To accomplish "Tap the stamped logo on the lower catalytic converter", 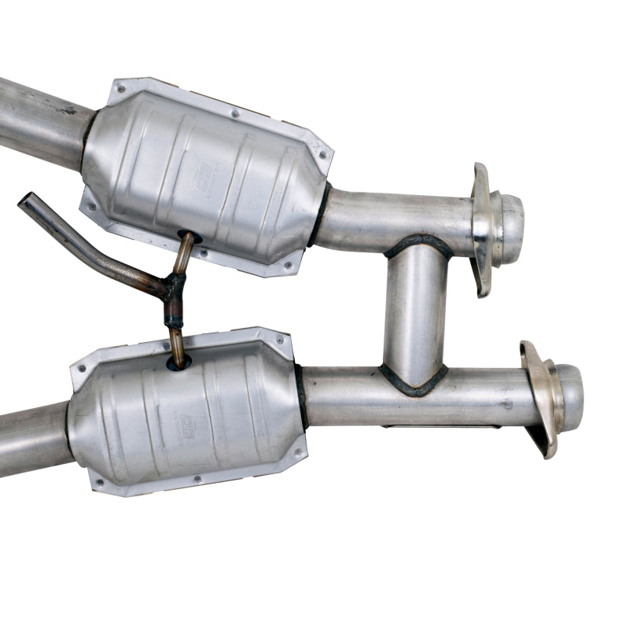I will (x=187, y=424).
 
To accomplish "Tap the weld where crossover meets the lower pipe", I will (x=413, y=381).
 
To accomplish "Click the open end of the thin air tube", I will (x=24, y=200).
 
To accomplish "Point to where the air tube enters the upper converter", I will (x=187, y=237).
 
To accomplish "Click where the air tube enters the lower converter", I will (x=178, y=362).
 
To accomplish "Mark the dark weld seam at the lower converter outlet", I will (x=300, y=397).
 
